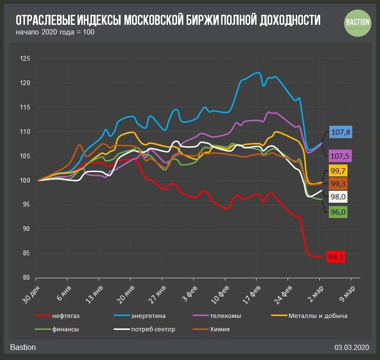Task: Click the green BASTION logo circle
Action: click(x=358, y=22)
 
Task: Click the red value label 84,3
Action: click(x=335, y=257)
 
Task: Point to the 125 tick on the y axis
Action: click(x=25, y=59)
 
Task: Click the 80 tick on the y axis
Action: click(x=27, y=278)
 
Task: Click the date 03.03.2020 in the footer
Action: click(x=353, y=347)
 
